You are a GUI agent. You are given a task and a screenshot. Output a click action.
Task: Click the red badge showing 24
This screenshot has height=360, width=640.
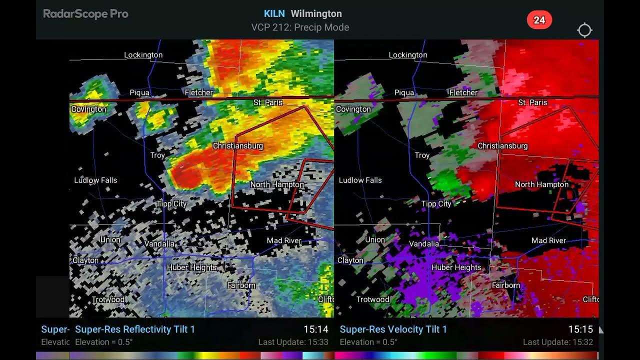539,20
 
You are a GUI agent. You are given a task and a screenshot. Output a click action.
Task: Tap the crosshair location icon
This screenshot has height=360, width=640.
584,30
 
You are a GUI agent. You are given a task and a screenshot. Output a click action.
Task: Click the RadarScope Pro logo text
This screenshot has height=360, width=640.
85,14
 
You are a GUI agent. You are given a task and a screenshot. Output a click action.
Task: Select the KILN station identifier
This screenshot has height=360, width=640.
274,13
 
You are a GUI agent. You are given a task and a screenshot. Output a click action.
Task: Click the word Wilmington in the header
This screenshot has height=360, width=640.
316,13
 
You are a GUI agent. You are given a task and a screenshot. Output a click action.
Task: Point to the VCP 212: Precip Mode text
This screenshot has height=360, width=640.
300,27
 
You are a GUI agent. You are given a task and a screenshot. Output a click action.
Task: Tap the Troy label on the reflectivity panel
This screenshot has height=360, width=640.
157,155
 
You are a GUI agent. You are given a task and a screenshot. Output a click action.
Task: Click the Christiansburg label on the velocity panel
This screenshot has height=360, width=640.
502,146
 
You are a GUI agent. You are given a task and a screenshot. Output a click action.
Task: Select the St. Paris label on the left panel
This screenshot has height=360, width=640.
268,102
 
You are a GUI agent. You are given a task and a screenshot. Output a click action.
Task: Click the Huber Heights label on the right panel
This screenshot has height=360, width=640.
456,267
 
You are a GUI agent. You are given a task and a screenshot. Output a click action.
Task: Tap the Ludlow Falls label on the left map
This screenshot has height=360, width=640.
95,180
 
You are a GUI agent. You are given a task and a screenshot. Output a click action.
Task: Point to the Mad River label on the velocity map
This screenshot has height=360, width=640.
548,240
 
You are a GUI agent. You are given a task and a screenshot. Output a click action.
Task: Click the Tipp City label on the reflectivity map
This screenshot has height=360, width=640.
171,204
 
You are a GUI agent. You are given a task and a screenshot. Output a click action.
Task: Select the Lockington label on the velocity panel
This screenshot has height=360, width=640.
408,55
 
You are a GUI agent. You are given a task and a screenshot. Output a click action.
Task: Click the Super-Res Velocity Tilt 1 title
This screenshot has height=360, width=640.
393,329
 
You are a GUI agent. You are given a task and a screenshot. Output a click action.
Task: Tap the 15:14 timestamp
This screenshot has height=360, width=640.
315,329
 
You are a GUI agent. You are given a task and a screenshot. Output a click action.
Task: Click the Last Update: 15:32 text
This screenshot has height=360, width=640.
557,342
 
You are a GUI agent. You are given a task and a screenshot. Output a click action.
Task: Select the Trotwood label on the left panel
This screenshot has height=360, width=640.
108,299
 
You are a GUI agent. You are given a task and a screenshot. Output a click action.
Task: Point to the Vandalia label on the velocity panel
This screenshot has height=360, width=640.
424,244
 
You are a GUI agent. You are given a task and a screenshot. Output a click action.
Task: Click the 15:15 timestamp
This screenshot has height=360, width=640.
580,329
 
